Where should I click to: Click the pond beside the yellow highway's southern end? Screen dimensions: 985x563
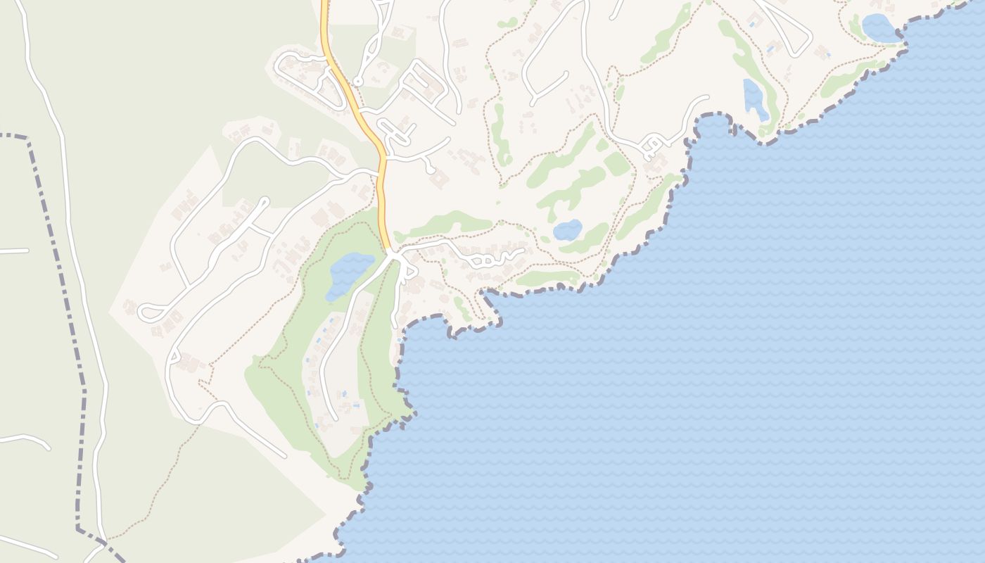pos(349,274)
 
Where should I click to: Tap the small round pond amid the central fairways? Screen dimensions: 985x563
pos(567,230)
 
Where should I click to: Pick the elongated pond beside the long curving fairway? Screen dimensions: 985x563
pos(755,99)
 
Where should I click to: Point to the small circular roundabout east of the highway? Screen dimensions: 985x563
pos(357,82)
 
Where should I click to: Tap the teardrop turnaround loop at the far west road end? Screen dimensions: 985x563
pos(149,312)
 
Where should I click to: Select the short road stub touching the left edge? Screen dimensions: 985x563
pos(14,251)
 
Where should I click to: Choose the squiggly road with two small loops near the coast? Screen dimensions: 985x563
pos(485,259)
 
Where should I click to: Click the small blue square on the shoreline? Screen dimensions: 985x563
pos(400,341)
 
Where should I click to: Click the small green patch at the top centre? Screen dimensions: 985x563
pos(507,23)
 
